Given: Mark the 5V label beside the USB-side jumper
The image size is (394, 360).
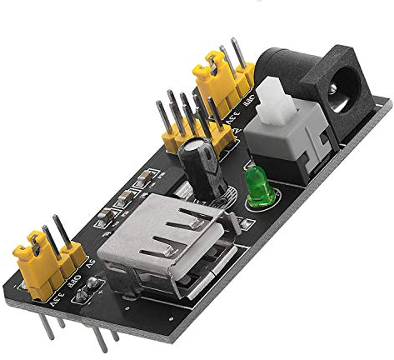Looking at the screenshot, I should (x=92, y=267).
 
